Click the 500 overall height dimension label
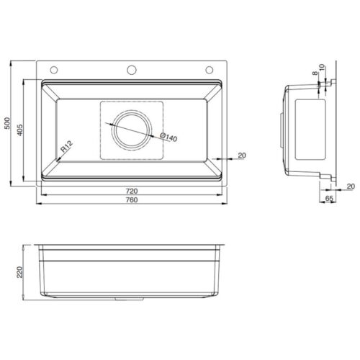tap(7, 124)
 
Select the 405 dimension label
tap(19, 127)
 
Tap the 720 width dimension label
tap(132, 191)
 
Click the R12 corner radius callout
tap(66, 148)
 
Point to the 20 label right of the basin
tap(241, 155)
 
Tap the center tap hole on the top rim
tap(132, 70)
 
